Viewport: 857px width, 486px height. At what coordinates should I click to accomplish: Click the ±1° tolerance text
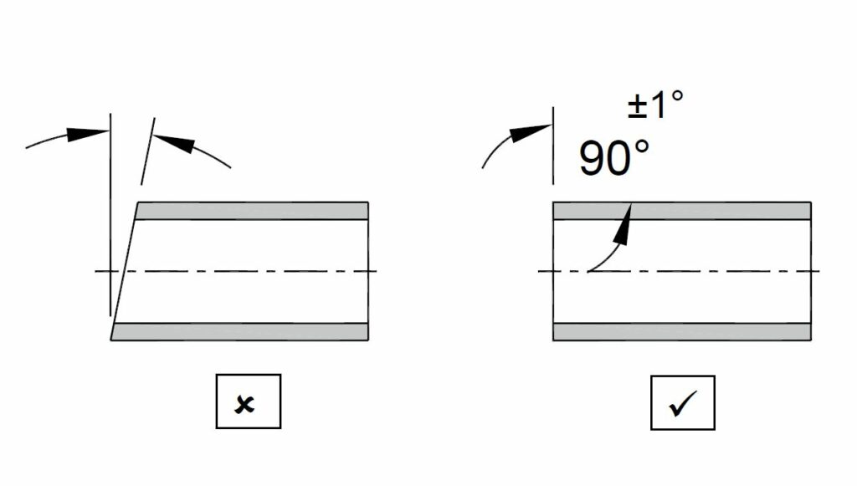pos(655,105)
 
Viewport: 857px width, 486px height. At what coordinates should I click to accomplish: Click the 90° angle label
pos(613,157)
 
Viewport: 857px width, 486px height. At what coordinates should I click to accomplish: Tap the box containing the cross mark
pos(248,402)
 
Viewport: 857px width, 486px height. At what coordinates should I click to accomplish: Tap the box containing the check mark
pos(683,402)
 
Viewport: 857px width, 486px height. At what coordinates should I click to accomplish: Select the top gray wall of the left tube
pos(251,211)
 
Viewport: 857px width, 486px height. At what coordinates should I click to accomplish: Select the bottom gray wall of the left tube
pos(243,331)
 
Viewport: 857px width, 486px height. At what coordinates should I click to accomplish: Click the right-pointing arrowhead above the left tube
pos(89,133)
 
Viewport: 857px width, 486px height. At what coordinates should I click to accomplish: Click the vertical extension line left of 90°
pos(553,155)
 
